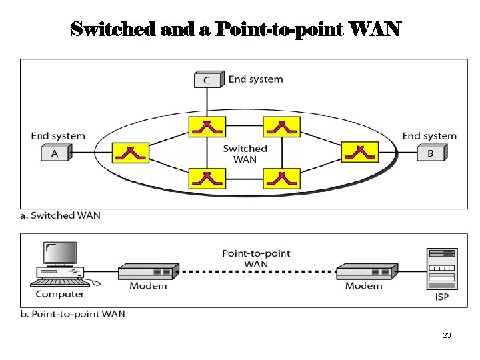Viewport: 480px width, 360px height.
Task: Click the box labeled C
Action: point(207,80)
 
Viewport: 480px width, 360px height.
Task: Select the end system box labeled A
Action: point(55,153)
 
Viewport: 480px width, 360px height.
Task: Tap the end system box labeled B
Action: point(430,153)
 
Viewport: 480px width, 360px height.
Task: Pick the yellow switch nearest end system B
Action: point(360,153)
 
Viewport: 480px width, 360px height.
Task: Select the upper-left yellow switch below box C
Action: point(207,126)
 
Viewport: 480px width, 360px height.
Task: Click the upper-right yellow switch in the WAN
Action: point(282,126)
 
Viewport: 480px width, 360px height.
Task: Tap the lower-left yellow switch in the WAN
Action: point(207,178)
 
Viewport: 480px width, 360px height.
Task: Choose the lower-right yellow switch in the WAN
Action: point(282,178)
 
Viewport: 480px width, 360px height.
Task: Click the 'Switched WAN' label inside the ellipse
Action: point(245,154)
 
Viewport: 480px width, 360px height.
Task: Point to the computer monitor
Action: point(60,255)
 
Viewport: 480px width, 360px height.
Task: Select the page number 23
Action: point(447,335)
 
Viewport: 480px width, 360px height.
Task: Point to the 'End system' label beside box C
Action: point(255,79)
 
